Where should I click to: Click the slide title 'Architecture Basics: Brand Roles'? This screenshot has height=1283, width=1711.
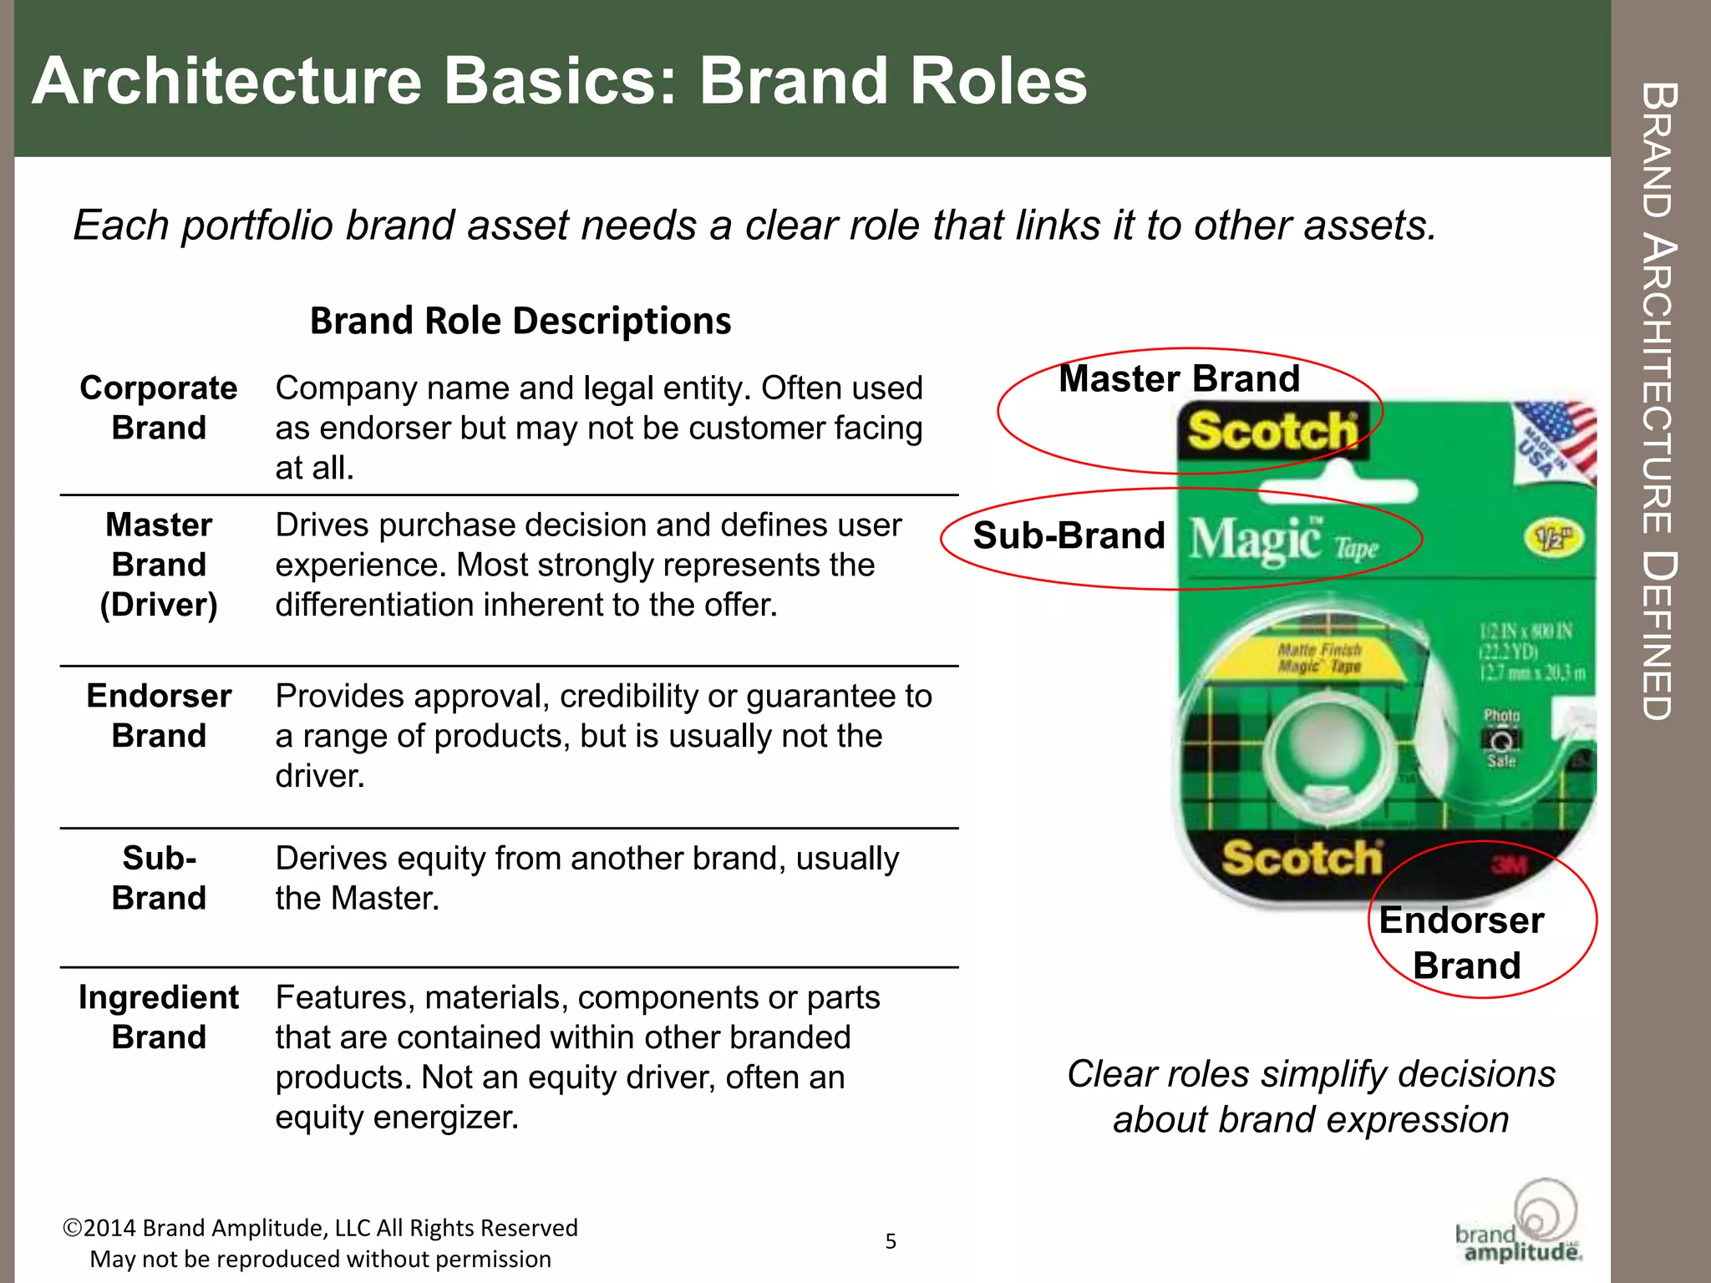pyautogui.click(x=559, y=81)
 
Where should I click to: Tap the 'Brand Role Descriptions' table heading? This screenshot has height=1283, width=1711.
pyautogui.click(x=520, y=321)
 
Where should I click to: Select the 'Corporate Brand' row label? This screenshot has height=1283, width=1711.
pyautogui.click(x=159, y=408)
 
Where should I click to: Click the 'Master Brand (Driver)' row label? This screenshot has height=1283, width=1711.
pyautogui.click(x=159, y=565)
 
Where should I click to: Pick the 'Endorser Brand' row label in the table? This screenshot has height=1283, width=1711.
pyautogui.click(x=159, y=716)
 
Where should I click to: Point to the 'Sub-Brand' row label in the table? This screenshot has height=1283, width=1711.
pyautogui.click(x=159, y=878)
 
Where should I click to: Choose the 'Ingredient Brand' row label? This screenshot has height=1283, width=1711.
pyautogui.click(x=159, y=1017)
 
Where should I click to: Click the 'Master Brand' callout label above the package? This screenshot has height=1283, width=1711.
pyautogui.click(x=1179, y=378)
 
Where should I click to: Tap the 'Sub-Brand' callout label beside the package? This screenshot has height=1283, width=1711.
pyautogui.click(x=1069, y=535)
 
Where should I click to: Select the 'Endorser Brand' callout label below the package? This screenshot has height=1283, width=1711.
pyautogui.click(x=1463, y=942)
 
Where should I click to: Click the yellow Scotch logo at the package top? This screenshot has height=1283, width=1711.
pyautogui.click(x=1272, y=431)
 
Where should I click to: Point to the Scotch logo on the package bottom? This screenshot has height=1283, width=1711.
pyautogui.click(x=1302, y=858)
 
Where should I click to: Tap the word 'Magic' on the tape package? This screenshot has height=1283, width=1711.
pyautogui.click(x=1255, y=540)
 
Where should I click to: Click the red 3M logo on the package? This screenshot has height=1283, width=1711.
pyautogui.click(x=1509, y=865)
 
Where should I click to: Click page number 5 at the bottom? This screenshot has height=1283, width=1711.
pyautogui.click(x=891, y=1241)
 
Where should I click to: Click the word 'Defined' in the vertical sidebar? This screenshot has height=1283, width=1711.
pyautogui.click(x=1658, y=635)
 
